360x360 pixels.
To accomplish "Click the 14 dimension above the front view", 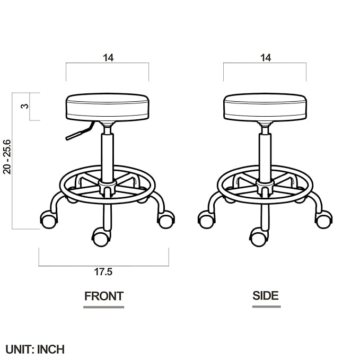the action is [x=108, y=58].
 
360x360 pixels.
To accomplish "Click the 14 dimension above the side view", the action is [x=265, y=58].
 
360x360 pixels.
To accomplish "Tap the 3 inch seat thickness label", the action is [x=23, y=106].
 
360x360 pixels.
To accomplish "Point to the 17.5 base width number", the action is [x=103, y=272].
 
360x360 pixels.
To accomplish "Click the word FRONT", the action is [x=104, y=296].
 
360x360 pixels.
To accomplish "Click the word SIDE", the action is [x=266, y=296].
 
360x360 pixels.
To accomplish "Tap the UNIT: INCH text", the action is [x=35, y=349].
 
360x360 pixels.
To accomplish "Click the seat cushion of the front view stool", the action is [x=107, y=107].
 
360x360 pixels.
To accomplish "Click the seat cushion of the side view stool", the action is [x=265, y=107].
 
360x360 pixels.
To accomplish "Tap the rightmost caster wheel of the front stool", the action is [x=165, y=219].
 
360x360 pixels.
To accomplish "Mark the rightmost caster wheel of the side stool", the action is [x=323, y=219].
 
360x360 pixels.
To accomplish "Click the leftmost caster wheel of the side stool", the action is [x=206, y=219].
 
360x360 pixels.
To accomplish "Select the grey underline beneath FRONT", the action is [x=104, y=306].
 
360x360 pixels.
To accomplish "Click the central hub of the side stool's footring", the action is [x=265, y=186].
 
